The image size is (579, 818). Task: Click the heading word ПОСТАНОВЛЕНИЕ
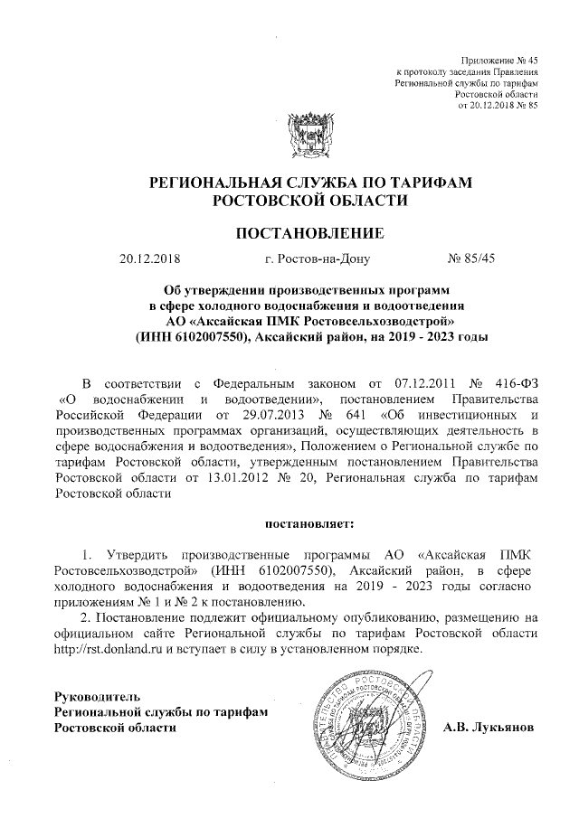[x=310, y=234]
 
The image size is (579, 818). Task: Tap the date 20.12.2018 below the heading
[x=150, y=261]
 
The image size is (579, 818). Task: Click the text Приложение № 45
[x=499, y=57]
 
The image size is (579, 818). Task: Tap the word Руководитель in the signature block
[x=97, y=697]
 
